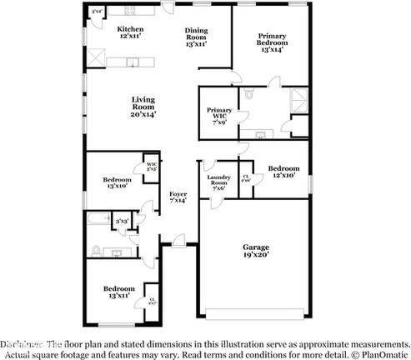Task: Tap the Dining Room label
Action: pyautogui.click(x=195, y=37)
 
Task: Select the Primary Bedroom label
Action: pyautogui.click(x=272, y=42)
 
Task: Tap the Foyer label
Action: pyautogui.click(x=178, y=197)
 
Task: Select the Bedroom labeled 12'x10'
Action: pyautogui.click(x=283, y=171)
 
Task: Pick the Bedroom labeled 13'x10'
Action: pyautogui.click(x=118, y=183)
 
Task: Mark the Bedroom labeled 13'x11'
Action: pyautogui.click(x=117, y=292)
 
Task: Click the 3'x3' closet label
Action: pyautogui.click(x=122, y=221)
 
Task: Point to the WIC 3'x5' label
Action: pyautogui.click(x=152, y=166)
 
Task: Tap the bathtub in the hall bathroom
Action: pyautogui.click(x=98, y=220)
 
